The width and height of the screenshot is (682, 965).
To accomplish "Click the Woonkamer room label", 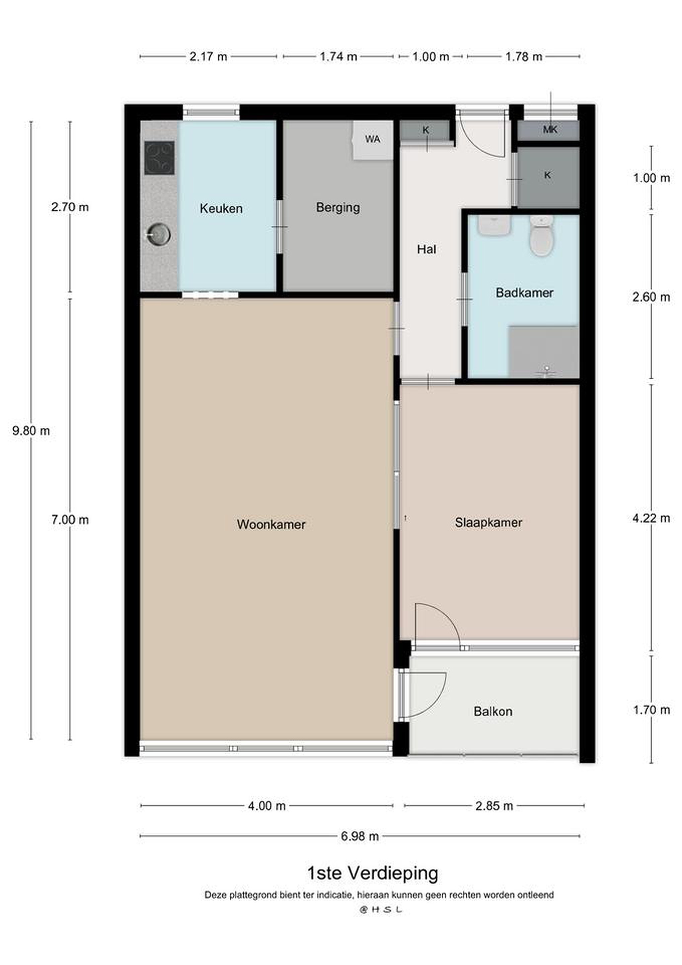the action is click(271, 524).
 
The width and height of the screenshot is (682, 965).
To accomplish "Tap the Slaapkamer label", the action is click(488, 522).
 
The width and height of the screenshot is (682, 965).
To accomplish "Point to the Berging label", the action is click(338, 208).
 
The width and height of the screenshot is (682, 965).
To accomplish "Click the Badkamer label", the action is click(525, 293).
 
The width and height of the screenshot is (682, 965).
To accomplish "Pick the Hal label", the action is click(426, 249).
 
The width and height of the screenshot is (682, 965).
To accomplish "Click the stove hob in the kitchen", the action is click(160, 158).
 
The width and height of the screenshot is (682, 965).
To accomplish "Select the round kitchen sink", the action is click(158, 234).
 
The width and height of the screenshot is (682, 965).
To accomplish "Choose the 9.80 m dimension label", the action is click(31, 431).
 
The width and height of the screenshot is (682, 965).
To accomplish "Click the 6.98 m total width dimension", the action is click(360, 836).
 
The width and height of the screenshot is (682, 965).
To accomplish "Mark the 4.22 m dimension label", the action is click(651, 518).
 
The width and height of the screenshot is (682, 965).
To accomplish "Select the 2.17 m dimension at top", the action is click(208, 56).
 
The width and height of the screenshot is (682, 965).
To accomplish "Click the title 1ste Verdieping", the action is click(373, 874).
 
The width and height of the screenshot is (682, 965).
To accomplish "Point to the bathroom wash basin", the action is click(494, 226).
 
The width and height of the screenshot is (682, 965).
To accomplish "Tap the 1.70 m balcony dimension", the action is click(651, 710).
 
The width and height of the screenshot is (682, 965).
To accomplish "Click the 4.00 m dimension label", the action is click(267, 806).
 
